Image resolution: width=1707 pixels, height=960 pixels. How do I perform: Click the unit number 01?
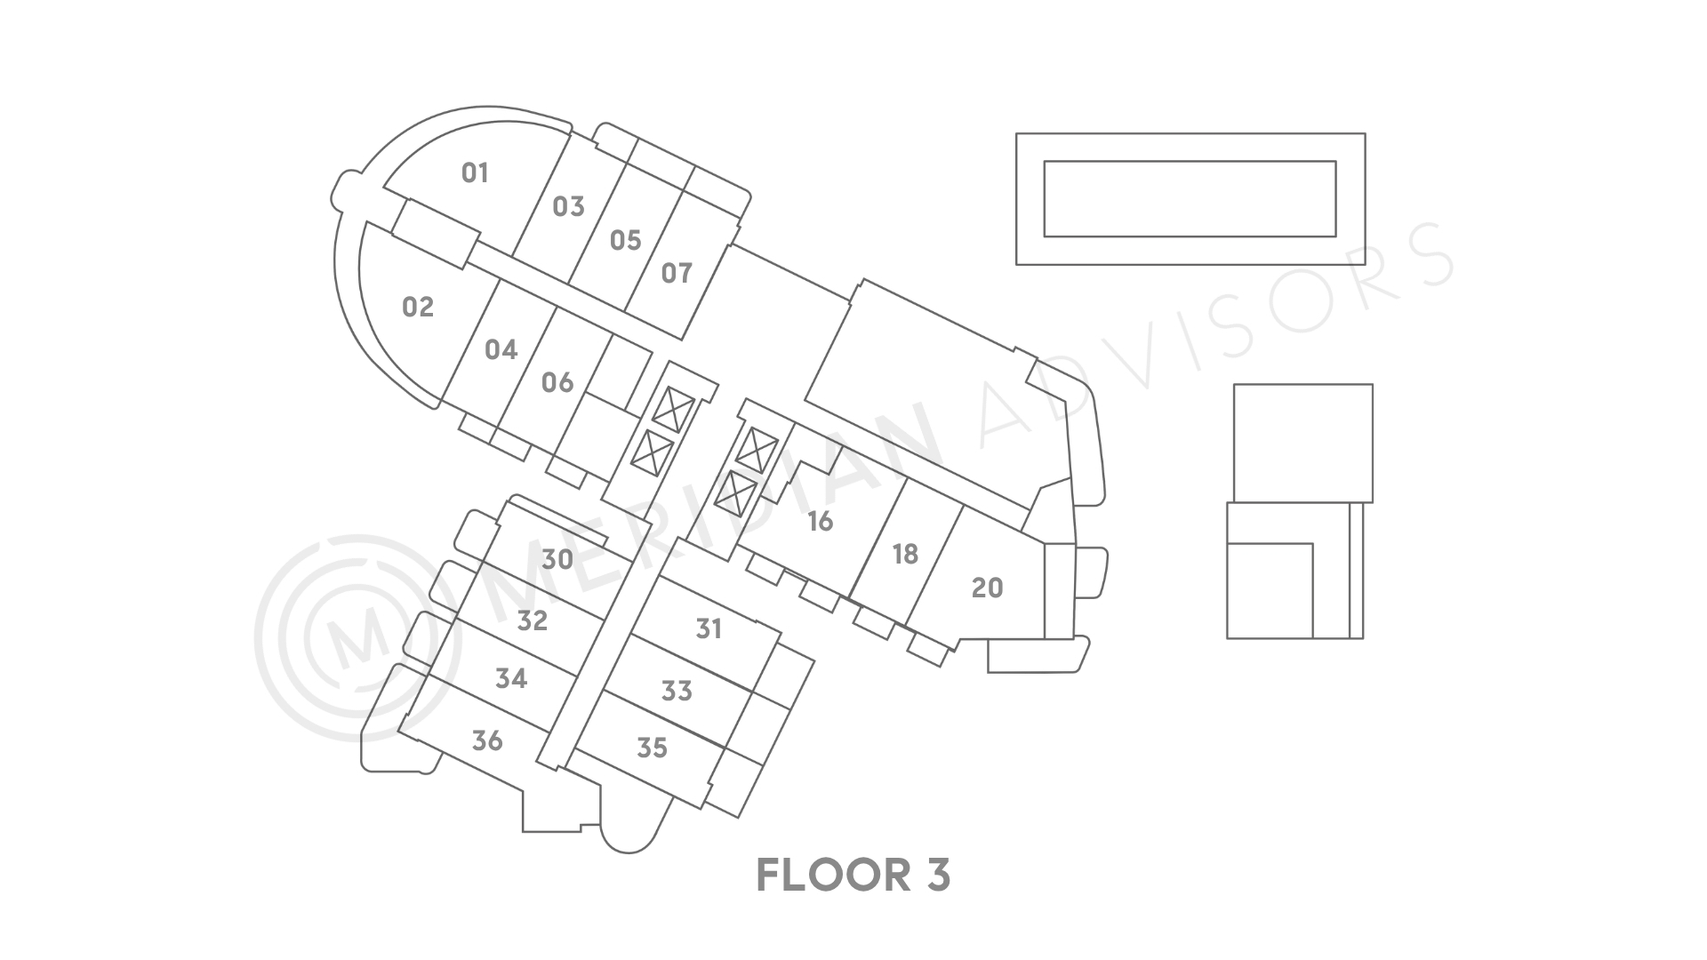coord(476,172)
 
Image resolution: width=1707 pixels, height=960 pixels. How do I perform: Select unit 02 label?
coord(418,308)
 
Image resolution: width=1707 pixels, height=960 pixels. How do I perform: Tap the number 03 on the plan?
coord(569,207)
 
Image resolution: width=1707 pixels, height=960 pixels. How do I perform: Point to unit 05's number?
coord(626,240)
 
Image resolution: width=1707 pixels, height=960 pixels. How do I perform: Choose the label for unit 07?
coord(677,273)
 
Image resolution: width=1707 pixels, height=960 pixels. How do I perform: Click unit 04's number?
coord(501,349)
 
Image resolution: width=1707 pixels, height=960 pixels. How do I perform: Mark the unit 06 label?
coord(557,382)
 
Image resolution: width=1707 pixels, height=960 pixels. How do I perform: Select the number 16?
coord(820,521)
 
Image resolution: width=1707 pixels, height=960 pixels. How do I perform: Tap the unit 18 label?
coord(905,555)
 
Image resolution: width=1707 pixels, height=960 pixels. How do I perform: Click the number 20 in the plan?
coord(987,588)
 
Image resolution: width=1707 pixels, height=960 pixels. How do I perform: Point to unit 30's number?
coord(557,559)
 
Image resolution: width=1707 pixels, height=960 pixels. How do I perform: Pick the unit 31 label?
coord(709,629)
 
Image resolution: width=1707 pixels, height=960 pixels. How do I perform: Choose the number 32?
coord(533,620)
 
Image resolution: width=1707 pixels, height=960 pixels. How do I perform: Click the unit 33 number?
coord(677,691)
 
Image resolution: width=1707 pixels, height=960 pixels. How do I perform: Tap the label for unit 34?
coord(511,679)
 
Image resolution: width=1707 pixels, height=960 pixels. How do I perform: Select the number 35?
coord(652,748)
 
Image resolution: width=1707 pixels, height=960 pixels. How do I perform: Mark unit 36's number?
coord(487,740)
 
